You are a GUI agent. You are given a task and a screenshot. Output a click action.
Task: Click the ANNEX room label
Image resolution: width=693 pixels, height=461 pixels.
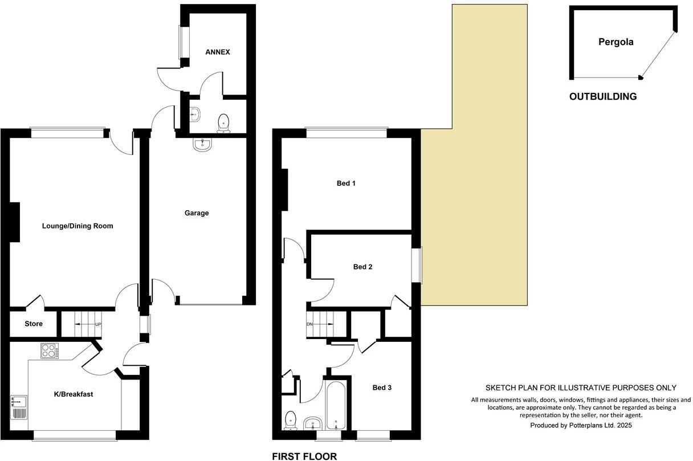(x=218, y=52)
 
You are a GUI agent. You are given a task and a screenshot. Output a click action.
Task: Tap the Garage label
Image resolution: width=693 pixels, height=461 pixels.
(x=197, y=213)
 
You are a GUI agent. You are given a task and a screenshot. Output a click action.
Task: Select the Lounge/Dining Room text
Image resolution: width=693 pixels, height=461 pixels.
(x=78, y=226)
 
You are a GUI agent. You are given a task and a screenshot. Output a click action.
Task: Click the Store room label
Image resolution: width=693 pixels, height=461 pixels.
(x=34, y=324)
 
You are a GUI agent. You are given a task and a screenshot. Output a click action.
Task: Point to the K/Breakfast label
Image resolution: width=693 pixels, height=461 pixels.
(x=74, y=394)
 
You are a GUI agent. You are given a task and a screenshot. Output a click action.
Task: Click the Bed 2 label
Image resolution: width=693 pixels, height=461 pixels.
(x=363, y=267)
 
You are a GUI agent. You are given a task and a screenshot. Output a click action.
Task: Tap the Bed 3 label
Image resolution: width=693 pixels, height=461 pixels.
(x=382, y=387)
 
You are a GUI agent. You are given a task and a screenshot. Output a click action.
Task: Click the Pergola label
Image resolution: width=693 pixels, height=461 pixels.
(x=616, y=42)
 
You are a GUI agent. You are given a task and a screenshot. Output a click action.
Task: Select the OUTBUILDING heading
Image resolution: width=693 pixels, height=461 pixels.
(x=603, y=97)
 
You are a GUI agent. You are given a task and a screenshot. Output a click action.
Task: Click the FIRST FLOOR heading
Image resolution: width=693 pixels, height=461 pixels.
(x=304, y=456)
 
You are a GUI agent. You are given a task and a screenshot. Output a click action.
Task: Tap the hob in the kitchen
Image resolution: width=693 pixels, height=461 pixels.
(x=50, y=350)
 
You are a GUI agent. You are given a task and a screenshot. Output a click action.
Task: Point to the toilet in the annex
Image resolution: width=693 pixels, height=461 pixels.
(x=223, y=122)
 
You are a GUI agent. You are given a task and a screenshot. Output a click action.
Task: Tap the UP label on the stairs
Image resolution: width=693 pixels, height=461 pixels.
(x=98, y=325)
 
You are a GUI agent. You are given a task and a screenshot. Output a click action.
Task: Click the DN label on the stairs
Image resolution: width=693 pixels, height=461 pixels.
(x=311, y=325)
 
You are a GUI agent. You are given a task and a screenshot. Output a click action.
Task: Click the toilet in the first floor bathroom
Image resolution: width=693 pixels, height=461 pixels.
(x=291, y=420)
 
